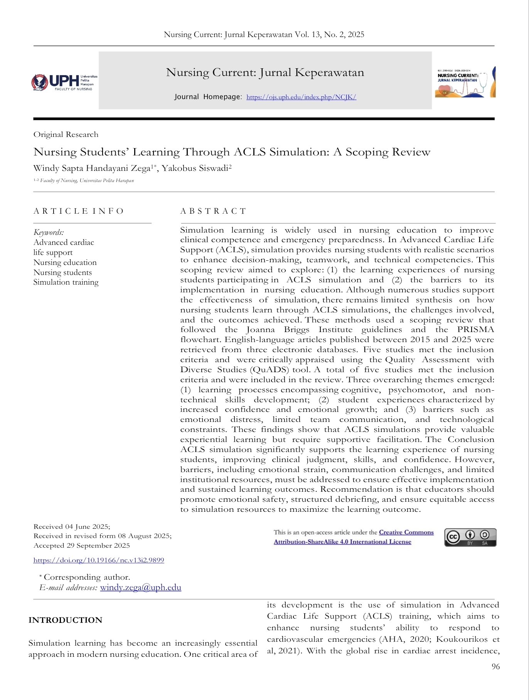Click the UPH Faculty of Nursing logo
coord(64,82)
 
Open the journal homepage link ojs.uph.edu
coord(301,97)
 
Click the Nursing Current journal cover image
coord(465,82)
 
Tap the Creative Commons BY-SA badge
coord(470,537)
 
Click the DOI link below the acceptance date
coord(99,560)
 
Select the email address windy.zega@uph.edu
coord(140,587)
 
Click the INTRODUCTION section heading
coord(65,620)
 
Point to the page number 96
coord(495,666)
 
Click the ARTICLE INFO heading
coord(78,211)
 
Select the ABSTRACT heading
coord(213,211)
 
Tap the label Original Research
coord(66,135)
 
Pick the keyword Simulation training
coord(66,282)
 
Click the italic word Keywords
coord(49,232)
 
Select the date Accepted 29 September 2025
coord(82,546)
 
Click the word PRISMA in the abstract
coord(475,330)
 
